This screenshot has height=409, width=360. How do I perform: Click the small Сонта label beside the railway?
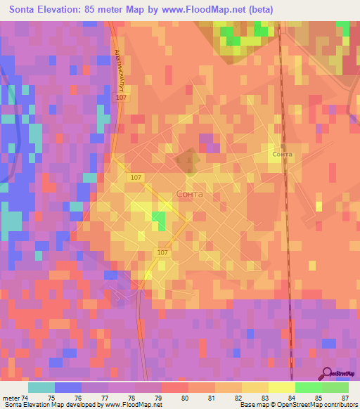[282, 153]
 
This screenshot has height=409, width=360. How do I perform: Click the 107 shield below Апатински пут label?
[122, 98]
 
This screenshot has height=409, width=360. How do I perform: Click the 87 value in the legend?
[345, 398]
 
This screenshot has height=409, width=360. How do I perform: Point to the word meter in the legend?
[11, 398]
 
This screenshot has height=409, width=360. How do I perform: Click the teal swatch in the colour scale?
[41, 387]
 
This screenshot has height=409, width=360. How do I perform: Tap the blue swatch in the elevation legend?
[68, 387]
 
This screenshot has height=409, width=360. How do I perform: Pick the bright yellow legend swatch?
[282, 387]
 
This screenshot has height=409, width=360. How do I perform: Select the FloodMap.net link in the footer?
[134, 405]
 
